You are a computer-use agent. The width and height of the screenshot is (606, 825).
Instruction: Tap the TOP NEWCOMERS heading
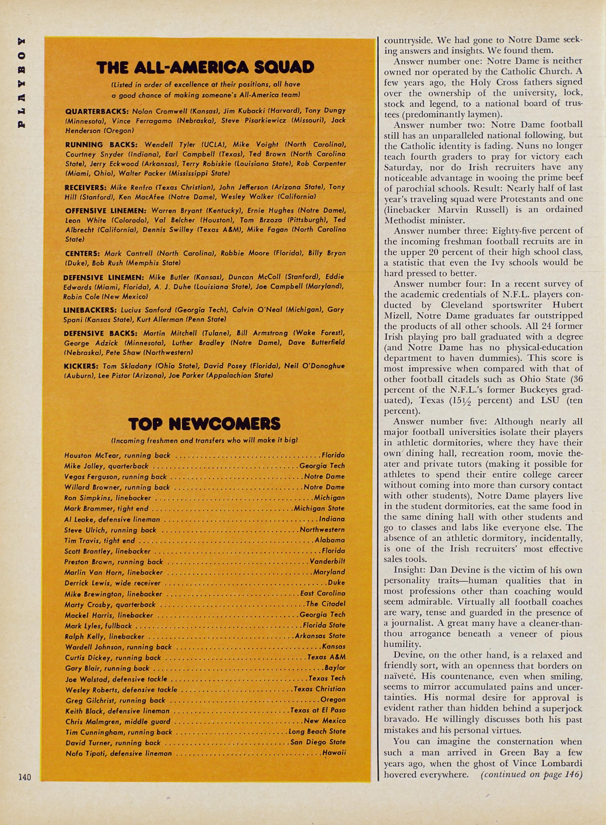click(204, 424)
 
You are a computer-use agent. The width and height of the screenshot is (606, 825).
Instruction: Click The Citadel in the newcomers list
click(325, 604)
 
